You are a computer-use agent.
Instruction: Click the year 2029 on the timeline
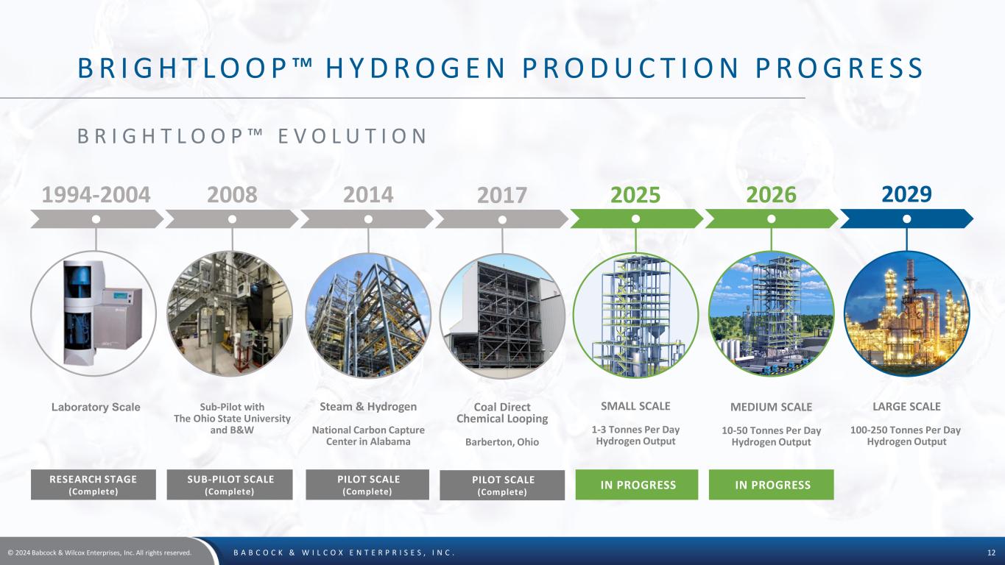point(906,194)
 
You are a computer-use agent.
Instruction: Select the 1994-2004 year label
point(96,195)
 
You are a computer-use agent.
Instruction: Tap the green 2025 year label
point(635,195)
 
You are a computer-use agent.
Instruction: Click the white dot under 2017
point(502,219)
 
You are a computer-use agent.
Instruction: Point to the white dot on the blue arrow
point(907,218)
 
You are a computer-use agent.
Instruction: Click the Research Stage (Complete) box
point(94,485)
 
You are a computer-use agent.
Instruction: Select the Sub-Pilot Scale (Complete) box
point(230,485)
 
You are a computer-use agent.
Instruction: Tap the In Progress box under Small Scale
point(637,485)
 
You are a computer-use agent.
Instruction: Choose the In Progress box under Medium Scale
point(772,485)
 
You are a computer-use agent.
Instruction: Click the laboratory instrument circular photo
point(94,313)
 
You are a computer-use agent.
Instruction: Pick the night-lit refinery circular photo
point(907,313)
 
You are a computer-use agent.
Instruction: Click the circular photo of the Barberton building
point(502,316)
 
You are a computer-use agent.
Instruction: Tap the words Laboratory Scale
point(96,407)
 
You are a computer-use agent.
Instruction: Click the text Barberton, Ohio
point(502,442)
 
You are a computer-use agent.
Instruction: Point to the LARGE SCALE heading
point(906,407)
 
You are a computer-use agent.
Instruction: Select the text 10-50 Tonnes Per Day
point(772,430)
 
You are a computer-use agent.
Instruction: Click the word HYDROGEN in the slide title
point(415,68)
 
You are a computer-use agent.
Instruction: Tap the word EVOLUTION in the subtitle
point(352,136)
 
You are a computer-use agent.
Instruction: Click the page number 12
point(991,553)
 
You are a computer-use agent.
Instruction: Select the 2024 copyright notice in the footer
point(99,553)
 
